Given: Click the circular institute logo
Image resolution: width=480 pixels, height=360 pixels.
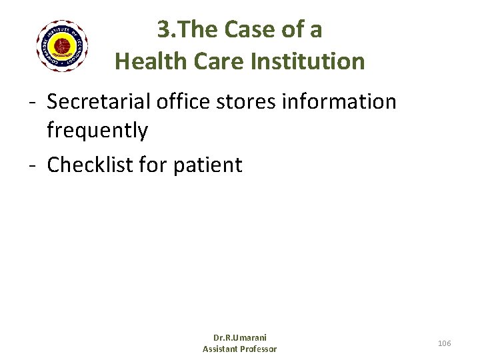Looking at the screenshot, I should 61,46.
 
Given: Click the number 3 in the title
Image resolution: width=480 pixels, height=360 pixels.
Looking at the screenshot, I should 163,29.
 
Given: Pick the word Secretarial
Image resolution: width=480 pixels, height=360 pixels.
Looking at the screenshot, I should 99,102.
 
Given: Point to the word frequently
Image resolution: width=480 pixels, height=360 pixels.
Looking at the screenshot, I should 97,131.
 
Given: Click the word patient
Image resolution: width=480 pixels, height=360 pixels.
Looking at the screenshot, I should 207,164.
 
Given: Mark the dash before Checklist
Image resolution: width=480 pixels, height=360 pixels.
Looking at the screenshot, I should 32,165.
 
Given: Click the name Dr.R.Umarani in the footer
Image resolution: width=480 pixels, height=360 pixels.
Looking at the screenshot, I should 239,338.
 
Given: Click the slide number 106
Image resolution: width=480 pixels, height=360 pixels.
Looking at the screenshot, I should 444,343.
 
